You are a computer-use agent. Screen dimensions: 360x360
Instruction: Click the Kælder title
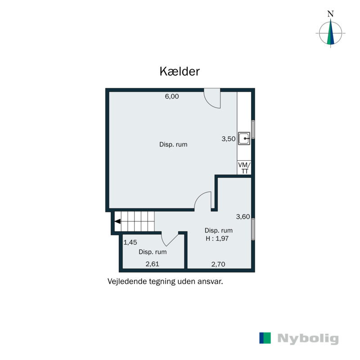click(180, 72)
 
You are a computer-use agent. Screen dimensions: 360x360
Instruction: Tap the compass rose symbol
click(331, 33)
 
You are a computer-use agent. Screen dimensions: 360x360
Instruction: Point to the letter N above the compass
click(331, 13)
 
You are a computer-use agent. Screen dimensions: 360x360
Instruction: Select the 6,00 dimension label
click(172, 96)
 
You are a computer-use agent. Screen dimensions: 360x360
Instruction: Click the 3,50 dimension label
click(229, 139)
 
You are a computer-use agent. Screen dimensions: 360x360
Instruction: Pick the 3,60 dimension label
click(243, 216)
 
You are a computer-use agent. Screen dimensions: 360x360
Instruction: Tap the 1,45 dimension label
click(130, 242)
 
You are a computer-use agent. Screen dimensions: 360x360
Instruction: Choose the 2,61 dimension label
click(153, 264)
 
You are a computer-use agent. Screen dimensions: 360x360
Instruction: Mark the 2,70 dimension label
click(218, 264)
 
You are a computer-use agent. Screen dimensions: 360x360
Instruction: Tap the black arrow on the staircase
click(117, 221)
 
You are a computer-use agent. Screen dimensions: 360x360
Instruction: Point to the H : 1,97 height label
click(218, 239)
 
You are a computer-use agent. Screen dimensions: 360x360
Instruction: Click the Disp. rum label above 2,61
click(153, 252)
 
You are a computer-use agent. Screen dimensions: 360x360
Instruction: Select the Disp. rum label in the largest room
click(173, 145)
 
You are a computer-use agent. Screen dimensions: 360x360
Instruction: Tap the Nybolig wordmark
click(308, 338)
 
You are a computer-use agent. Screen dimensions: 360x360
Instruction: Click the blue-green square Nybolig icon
click(265, 338)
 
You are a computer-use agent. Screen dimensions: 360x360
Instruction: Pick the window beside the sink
click(253, 130)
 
